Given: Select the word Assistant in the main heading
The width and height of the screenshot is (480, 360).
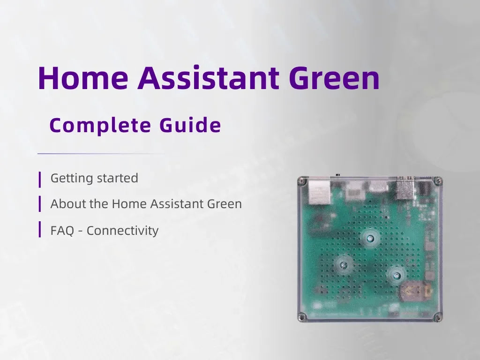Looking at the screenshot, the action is click(x=208, y=78).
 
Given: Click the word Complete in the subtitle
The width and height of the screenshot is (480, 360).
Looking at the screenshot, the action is click(x=100, y=126).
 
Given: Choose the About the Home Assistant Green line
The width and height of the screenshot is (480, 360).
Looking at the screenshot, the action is click(x=146, y=204).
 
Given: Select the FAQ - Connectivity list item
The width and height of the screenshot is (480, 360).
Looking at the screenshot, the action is click(x=105, y=231).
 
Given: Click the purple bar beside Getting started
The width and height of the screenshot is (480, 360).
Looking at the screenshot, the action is click(x=40, y=180).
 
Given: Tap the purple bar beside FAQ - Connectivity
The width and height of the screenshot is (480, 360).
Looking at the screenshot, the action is click(x=40, y=229).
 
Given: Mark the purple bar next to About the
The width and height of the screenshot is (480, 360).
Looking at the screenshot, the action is click(x=40, y=204).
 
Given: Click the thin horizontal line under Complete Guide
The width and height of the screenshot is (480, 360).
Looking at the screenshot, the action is click(x=101, y=153).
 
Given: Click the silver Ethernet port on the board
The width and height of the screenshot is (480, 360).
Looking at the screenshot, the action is click(x=320, y=192).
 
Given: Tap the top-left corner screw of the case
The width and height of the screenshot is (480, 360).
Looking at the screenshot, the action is click(x=302, y=181).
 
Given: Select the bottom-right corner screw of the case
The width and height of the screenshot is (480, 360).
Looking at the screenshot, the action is click(x=438, y=316).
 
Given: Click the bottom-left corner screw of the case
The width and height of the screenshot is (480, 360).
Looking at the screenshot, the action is click(x=302, y=317).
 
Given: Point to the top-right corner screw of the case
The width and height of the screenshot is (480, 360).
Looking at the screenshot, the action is click(x=438, y=181).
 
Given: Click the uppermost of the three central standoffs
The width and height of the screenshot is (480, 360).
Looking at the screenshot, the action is click(x=370, y=238).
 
